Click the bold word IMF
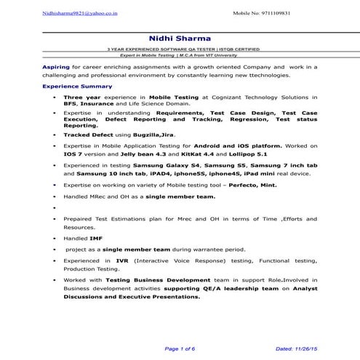pyautogui.click(x=95, y=238)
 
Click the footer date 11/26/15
pyautogui.click(x=305, y=348)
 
